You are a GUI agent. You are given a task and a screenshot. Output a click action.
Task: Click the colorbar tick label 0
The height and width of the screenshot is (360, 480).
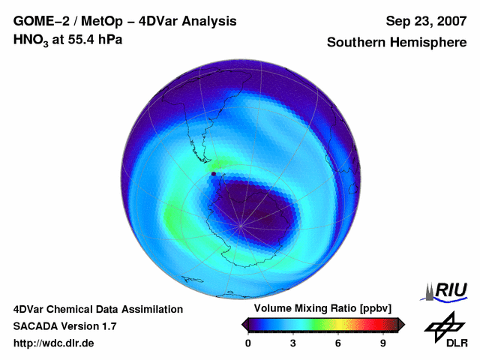point(248,343)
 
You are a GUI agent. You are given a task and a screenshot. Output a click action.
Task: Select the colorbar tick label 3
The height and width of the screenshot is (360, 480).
point(293,343)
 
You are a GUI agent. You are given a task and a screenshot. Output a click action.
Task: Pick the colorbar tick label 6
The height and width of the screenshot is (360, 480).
point(338,343)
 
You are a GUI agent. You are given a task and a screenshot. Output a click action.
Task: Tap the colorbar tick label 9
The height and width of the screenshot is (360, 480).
point(382,343)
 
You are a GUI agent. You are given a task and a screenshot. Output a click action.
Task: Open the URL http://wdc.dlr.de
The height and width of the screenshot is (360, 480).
point(54,343)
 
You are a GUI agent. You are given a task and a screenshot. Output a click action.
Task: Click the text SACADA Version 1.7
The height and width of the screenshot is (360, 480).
point(64,326)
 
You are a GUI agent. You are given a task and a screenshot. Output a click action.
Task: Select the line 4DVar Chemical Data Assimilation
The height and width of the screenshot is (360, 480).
point(97,309)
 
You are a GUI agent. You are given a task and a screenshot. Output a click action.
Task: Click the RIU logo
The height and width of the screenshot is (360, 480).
point(445,291)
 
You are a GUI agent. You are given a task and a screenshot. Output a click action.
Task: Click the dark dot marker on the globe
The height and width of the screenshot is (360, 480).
point(214,174)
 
